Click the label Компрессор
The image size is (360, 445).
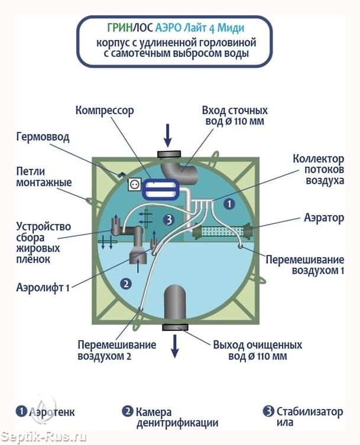(x=105, y=111)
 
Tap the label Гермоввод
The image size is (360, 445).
(x=42, y=137)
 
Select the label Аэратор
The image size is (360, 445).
(x=323, y=218)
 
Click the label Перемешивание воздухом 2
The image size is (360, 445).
(x=116, y=350)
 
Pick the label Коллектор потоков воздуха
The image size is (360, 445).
(x=318, y=170)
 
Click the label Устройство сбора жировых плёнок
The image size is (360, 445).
(x=44, y=242)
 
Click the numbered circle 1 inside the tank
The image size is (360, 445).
(x=231, y=203)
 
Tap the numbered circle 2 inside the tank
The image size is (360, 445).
(x=125, y=283)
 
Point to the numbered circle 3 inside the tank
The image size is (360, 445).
(x=169, y=219)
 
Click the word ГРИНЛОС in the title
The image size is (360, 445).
(x=129, y=27)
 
